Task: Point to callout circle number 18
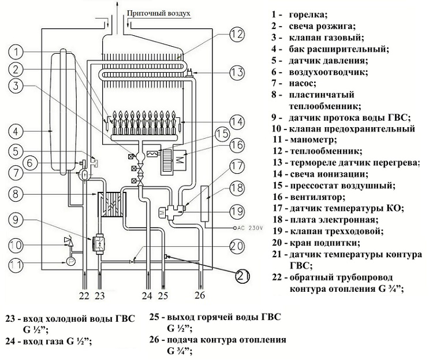click(236, 188)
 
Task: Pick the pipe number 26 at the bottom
click(200, 296)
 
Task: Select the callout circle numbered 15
click(222, 134)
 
